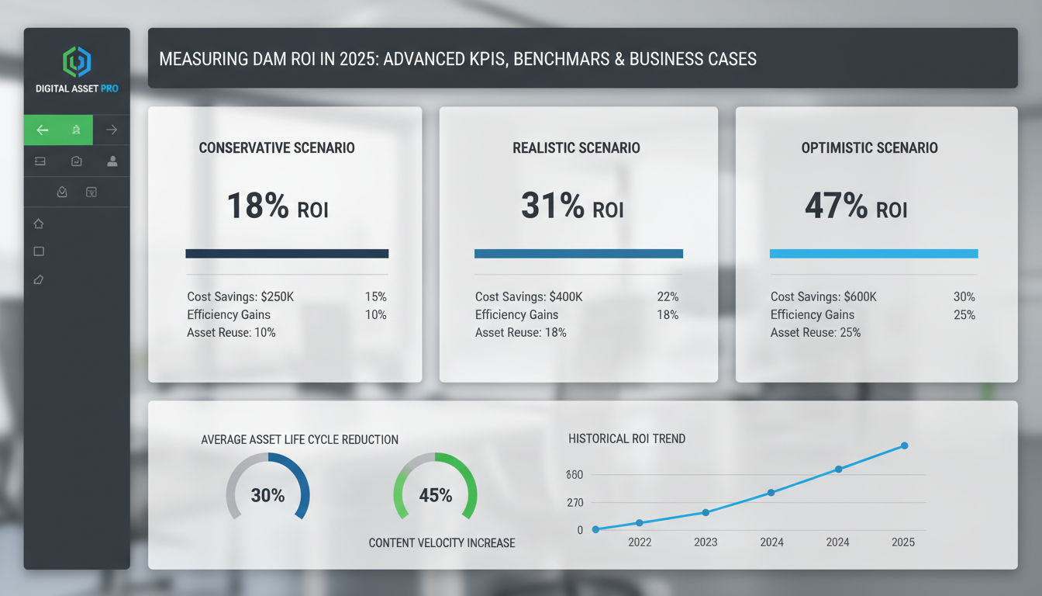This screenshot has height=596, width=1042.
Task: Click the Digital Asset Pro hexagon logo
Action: [x=77, y=62]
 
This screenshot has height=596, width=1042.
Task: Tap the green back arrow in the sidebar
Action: [x=43, y=130]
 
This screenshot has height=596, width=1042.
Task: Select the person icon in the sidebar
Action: [x=112, y=161]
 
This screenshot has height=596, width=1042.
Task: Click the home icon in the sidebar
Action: [x=39, y=224]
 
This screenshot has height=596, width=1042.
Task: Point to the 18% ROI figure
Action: [x=277, y=207]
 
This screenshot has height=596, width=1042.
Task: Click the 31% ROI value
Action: [x=571, y=207]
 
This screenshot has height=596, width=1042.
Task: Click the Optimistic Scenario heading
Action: [x=869, y=148]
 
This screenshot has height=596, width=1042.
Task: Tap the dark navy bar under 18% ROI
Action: [x=287, y=254]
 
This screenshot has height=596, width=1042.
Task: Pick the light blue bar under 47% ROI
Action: [x=873, y=254]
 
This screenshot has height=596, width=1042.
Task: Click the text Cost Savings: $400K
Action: [x=529, y=297]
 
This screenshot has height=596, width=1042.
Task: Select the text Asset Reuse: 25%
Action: [x=816, y=333]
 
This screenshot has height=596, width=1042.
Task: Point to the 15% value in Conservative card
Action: [x=375, y=297]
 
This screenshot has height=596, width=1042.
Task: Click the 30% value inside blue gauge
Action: [x=267, y=495]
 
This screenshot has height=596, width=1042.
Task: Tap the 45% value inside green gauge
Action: [x=435, y=495]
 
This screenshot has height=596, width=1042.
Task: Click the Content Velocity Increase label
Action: [x=441, y=543]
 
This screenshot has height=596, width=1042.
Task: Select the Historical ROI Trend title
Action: [x=626, y=439]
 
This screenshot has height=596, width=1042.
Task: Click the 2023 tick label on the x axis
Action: [x=706, y=542]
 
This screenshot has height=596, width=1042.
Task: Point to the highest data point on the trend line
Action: [x=904, y=445]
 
